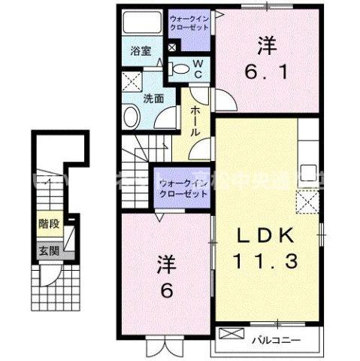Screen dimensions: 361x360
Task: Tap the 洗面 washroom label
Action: point(154,99)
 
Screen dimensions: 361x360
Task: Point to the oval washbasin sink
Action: point(132,117)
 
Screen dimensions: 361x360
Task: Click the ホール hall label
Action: point(195,120)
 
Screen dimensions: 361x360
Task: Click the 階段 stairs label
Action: point(48,223)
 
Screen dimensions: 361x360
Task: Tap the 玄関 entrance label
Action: point(48,251)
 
